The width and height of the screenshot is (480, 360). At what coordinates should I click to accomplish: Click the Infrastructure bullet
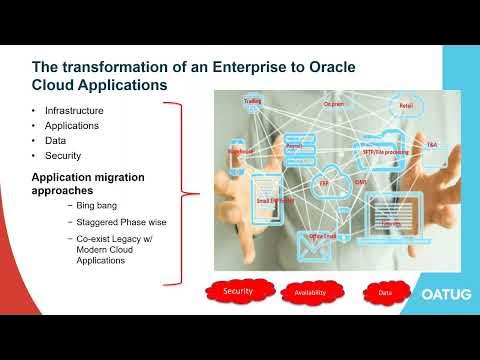point(75,109)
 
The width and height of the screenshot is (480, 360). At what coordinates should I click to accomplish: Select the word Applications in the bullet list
point(73,125)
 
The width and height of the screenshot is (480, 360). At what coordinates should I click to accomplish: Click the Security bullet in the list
point(64,156)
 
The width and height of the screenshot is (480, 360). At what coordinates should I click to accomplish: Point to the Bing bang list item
point(98,205)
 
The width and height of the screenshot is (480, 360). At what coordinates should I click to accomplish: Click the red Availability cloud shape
point(310,293)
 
